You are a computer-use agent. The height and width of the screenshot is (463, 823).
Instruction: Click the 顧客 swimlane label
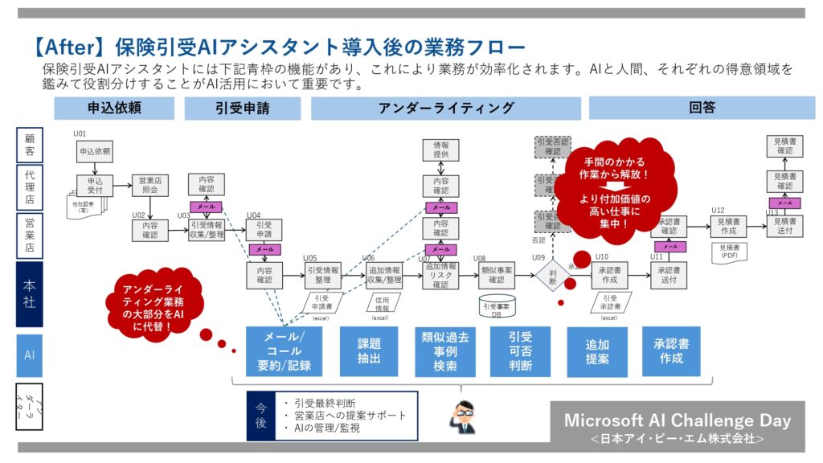[30, 145]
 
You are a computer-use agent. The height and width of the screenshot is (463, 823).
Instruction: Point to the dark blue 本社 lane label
[30, 294]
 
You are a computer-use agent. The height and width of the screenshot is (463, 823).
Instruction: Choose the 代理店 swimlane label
[30, 186]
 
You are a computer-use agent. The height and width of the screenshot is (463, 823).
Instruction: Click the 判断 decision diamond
[553, 277]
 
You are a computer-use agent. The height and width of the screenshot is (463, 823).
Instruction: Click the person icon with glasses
[461, 417]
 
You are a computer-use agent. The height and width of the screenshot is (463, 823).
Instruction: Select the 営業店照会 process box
[149, 186]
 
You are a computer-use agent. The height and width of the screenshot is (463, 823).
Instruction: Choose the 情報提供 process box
[441, 150]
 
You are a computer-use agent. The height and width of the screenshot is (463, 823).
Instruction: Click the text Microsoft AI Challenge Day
[677, 420]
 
